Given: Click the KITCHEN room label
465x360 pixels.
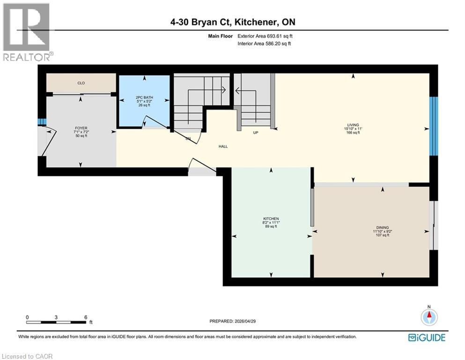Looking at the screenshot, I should coord(271,219).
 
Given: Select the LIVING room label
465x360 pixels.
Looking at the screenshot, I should coord(353,125).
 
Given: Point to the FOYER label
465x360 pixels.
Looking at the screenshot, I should coord(81,128).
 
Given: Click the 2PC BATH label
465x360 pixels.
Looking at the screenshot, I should coord(144,98).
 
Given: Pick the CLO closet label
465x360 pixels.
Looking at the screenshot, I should coord(81,83).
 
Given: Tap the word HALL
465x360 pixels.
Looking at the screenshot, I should coord(223,147).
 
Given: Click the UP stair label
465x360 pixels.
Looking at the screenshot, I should coord(256,133).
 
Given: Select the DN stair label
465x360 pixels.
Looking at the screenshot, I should coord(188,139).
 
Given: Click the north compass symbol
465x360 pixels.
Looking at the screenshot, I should coord(428,317).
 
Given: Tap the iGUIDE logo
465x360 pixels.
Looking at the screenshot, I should coord(427,337).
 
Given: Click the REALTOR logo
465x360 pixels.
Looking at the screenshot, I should coord(26,32).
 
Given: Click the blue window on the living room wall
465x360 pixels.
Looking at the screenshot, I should coord(434,126).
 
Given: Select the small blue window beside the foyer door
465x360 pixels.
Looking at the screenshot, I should coord(42,122).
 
